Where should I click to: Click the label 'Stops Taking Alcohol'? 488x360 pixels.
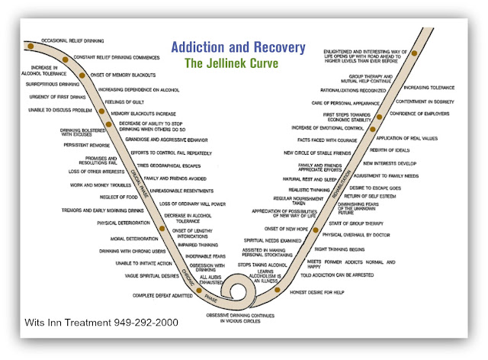258,263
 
